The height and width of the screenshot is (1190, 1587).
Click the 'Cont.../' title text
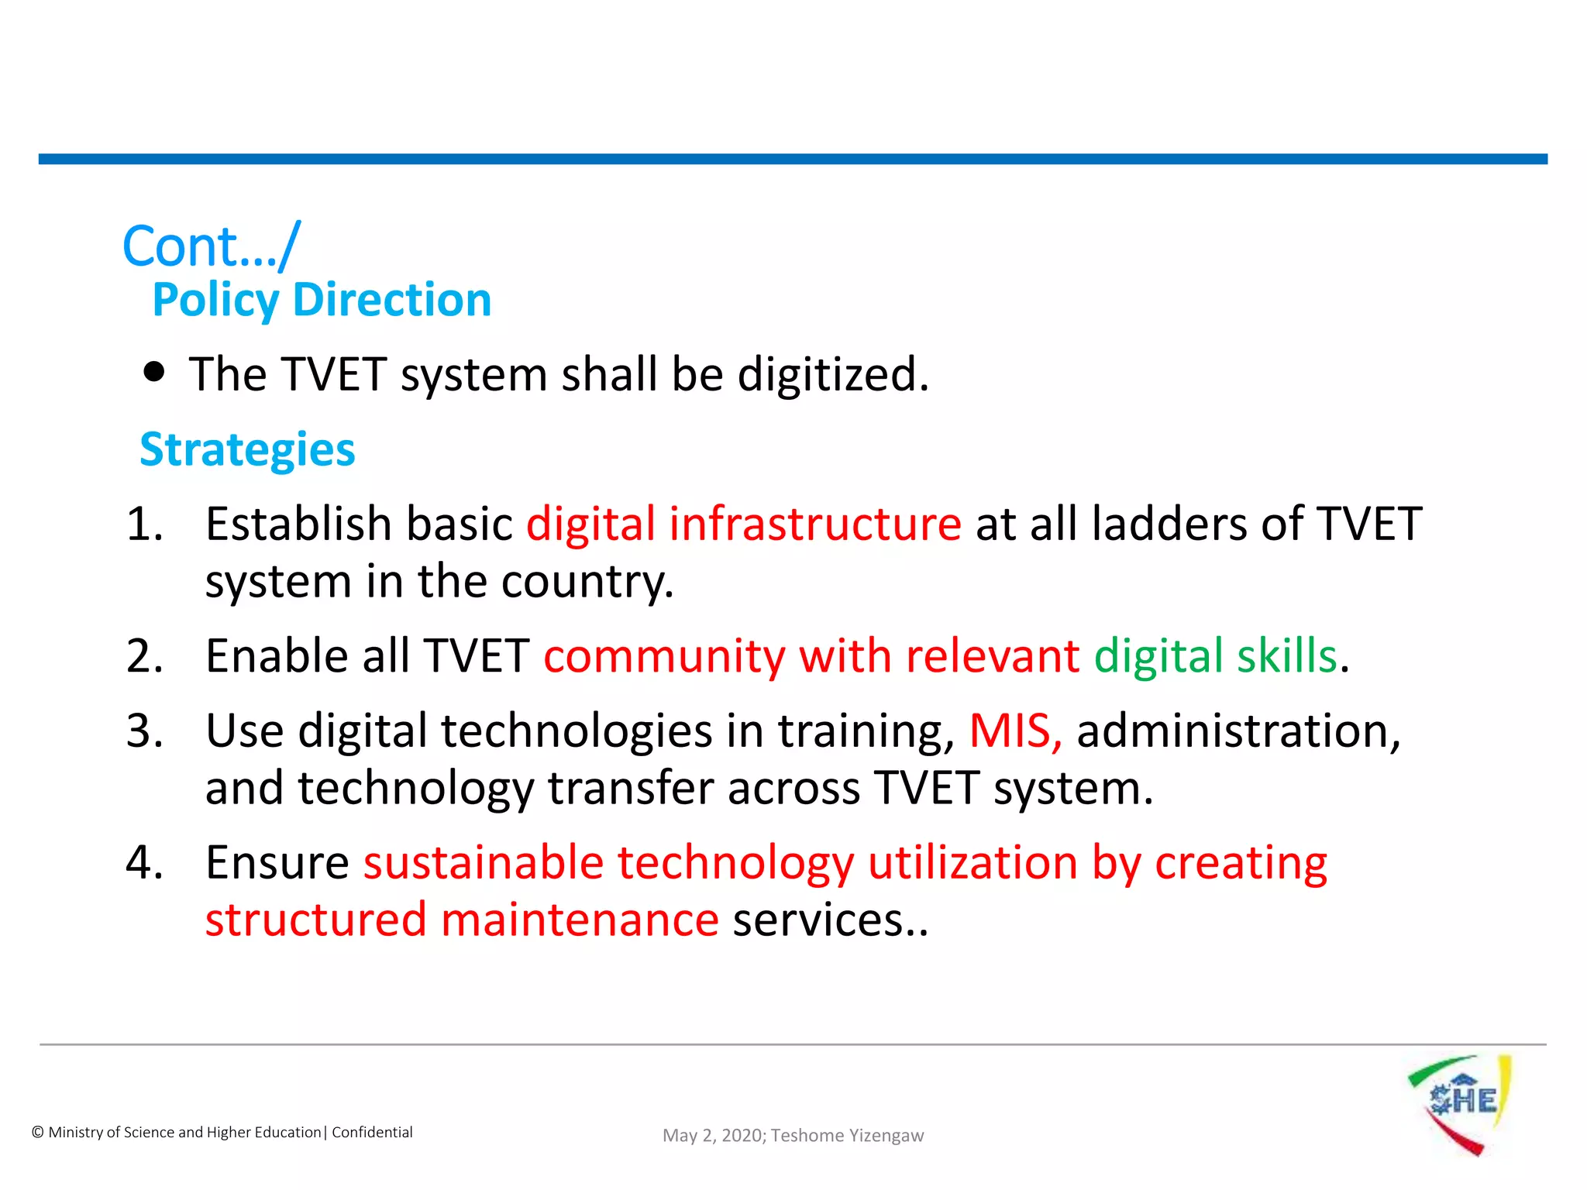[x=211, y=246]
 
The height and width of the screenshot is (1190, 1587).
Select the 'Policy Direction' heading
[x=322, y=300]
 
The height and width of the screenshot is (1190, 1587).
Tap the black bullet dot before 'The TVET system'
[x=155, y=372]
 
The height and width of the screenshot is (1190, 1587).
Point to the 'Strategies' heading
[x=247, y=449]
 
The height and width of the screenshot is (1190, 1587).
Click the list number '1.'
[x=145, y=524]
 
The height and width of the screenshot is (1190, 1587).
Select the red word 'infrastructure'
[x=814, y=524]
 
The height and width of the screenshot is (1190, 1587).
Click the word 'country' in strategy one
[x=583, y=582]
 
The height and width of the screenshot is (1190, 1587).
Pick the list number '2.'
[x=145, y=656]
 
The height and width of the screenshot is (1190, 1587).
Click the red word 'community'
[x=664, y=656]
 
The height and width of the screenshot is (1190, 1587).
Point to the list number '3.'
[x=145, y=731]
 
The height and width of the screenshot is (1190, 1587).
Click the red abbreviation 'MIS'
[x=1010, y=731]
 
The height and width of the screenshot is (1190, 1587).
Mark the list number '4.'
[x=145, y=862]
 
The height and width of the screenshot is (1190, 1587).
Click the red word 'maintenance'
[x=580, y=920]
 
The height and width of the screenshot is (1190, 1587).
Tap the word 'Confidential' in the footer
[x=372, y=1133]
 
